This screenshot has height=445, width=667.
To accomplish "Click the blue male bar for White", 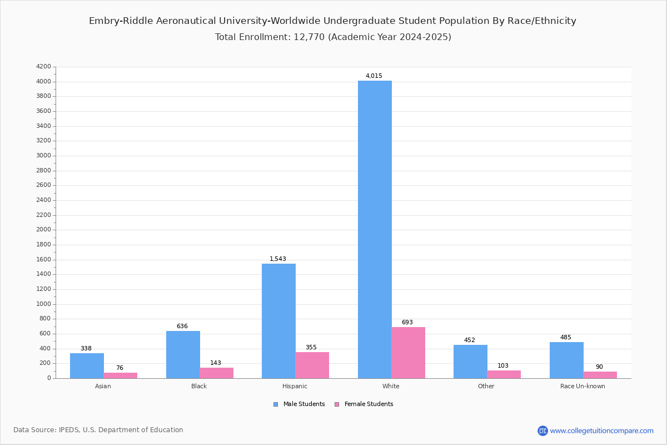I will click(x=375, y=229).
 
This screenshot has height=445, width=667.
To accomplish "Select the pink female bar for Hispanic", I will click(x=312, y=365).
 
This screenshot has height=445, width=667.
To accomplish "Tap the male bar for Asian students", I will click(x=87, y=365).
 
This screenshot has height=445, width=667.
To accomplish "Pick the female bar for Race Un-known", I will click(x=600, y=375).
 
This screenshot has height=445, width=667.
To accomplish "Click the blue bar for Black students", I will click(x=183, y=354).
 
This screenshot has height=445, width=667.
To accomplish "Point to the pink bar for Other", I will click(x=504, y=374).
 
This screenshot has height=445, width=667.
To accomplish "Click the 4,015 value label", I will click(x=374, y=76).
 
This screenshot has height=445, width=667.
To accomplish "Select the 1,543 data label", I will click(x=278, y=259).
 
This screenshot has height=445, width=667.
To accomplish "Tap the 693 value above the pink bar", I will click(x=407, y=322).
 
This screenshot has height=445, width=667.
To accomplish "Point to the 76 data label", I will click(x=120, y=368).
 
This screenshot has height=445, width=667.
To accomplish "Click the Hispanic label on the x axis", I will click(x=295, y=386).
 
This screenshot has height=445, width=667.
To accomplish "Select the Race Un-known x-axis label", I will click(x=583, y=386).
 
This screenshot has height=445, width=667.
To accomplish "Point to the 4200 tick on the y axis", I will click(x=43, y=67).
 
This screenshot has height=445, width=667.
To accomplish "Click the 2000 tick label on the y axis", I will click(x=43, y=230).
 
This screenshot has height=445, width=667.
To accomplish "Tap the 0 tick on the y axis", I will click(x=49, y=378).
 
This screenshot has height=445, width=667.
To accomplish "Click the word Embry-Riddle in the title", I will click(x=120, y=21).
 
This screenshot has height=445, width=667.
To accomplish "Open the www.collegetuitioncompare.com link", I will click(x=601, y=431).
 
